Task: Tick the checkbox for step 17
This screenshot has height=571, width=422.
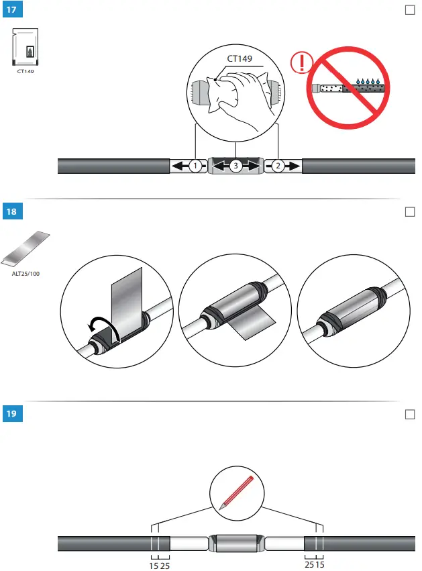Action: (x=411, y=11)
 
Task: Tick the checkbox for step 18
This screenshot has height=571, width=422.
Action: (x=411, y=212)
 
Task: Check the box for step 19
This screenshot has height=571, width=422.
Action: (x=411, y=413)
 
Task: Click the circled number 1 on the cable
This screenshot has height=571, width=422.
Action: (x=194, y=166)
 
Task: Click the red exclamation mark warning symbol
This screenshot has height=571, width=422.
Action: (x=301, y=64)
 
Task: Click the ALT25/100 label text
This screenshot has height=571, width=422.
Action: (x=26, y=273)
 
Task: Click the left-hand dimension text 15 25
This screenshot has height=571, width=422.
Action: (x=159, y=566)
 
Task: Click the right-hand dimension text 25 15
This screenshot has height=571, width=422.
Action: (x=315, y=566)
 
